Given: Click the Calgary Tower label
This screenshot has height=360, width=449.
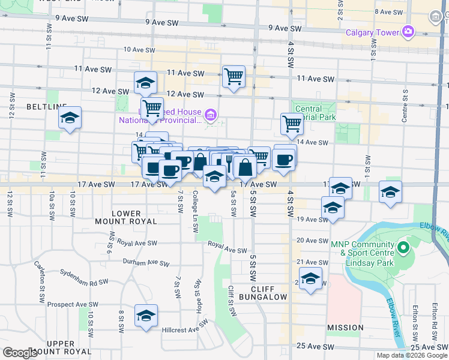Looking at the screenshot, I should pyautogui.click(x=373, y=32).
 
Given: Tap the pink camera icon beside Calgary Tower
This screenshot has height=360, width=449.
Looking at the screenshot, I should pyautogui.click(x=409, y=31).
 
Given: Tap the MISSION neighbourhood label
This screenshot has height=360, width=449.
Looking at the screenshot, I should pyautogui.click(x=345, y=328).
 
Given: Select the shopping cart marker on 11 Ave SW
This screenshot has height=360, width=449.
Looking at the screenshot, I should pyautogui.click(x=233, y=77).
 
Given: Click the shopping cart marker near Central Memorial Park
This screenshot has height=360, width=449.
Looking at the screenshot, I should pyautogui.click(x=292, y=124).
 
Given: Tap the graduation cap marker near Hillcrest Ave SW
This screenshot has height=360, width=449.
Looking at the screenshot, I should pyautogui.click(x=146, y=315).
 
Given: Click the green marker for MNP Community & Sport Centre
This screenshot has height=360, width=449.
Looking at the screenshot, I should pyautogui.click(x=403, y=247).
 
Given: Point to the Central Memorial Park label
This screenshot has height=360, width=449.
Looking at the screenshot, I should pyautogui.click(x=316, y=113).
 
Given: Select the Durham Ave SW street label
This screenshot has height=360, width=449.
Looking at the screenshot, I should pyautogui.click(x=142, y=262).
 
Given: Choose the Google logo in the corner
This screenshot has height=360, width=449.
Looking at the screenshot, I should pyautogui.click(x=19, y=353).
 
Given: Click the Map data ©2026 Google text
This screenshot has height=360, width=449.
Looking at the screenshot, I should pyautogui.click(x=412, y=355).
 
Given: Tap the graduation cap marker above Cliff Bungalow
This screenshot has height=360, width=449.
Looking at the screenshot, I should pyautogui.click(x=310, y=278).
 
